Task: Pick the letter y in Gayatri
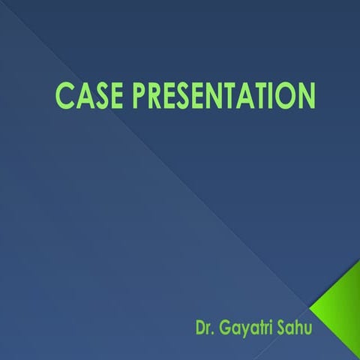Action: click(x=245, y=329)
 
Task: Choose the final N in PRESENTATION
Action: click(x=305, y=97)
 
